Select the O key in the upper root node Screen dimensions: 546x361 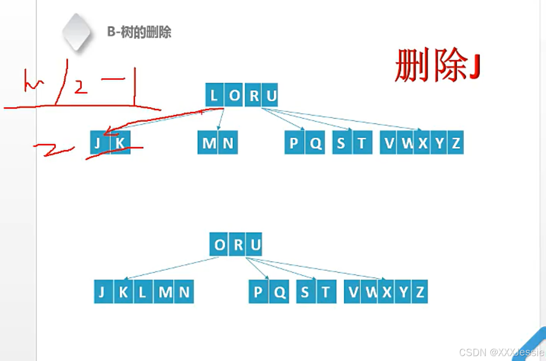pyautogui.click(x=234, y=95)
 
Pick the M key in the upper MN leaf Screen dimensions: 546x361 pyautogui.click(x=208, y=143)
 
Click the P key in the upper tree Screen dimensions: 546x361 pyautogui.click(x=294, y=143)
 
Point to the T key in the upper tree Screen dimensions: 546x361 pyautogui.click(x=362, y=143)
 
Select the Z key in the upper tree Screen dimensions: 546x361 pyautogui.click(x=456, y=143)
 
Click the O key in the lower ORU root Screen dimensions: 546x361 pyautogui.click(x=220, y=244)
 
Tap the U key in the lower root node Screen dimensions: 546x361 pyautogui.click(x=255, y=244)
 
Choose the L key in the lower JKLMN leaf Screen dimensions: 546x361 pyautogui.click(x=142, y=292)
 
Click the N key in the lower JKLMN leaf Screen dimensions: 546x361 pyautogui.click(x=184, y=292)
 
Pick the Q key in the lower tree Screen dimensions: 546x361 pyautogui.click(x=279, y=292)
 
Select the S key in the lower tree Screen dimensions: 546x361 pyautogui.click(x=305, y=292)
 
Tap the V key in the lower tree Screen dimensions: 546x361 pyautogui.click(x=354, y=292)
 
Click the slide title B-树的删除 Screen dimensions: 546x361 pyautogui.click(x=139, y=32)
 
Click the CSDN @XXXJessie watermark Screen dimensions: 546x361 pyautogui.click(x=501, y=353)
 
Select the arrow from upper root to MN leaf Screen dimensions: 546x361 pyautogui.click(x=221, y=119)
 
